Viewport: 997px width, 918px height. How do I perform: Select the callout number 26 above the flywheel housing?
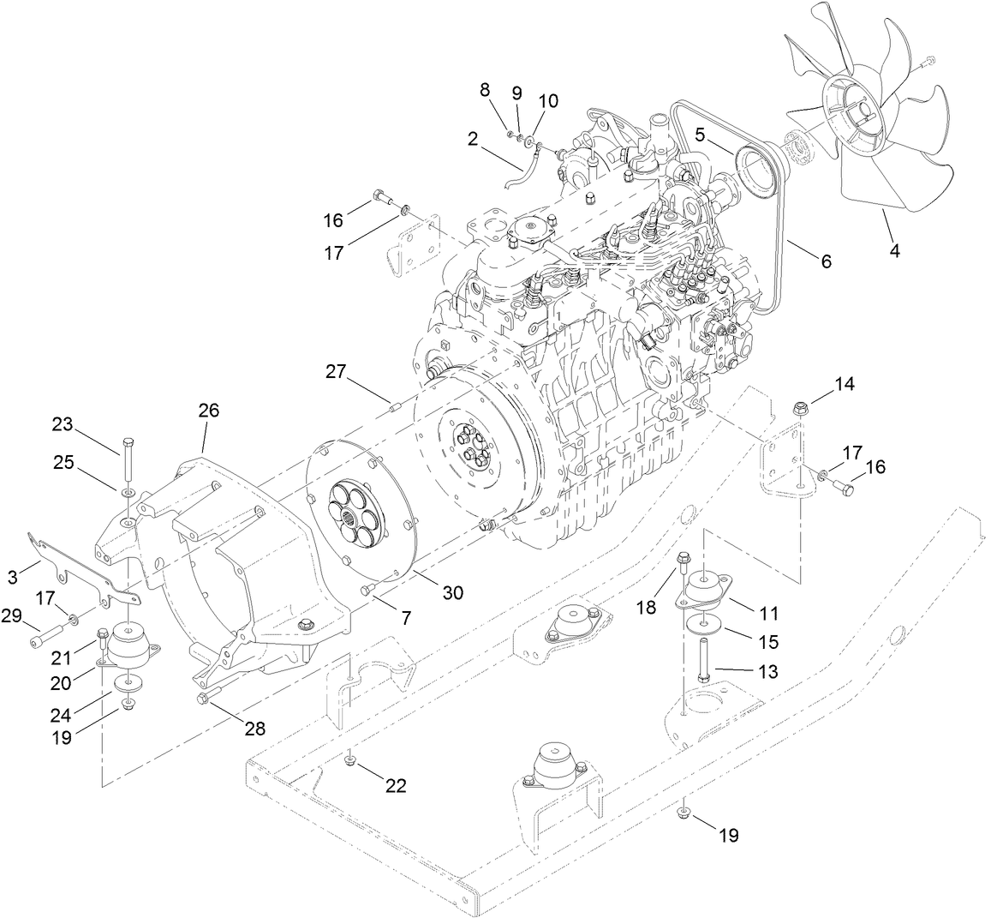[x=209, y=411]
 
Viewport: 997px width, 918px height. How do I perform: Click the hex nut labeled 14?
[x=802, y=406]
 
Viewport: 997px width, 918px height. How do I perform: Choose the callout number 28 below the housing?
[x=254, y=729]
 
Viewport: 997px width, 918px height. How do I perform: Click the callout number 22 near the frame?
[x=396, y=785]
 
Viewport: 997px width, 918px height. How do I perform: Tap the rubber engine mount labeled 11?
[x=707, y=591]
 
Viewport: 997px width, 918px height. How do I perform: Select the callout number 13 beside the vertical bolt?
[x=769, y=673]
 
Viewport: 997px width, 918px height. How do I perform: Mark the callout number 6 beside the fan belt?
[x=825, y=261]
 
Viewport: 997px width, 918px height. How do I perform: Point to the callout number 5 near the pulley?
[x=700, y=135]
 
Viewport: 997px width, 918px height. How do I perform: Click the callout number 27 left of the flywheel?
[x=336, y=372]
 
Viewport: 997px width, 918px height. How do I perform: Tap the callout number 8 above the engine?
[x=485, y=89]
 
